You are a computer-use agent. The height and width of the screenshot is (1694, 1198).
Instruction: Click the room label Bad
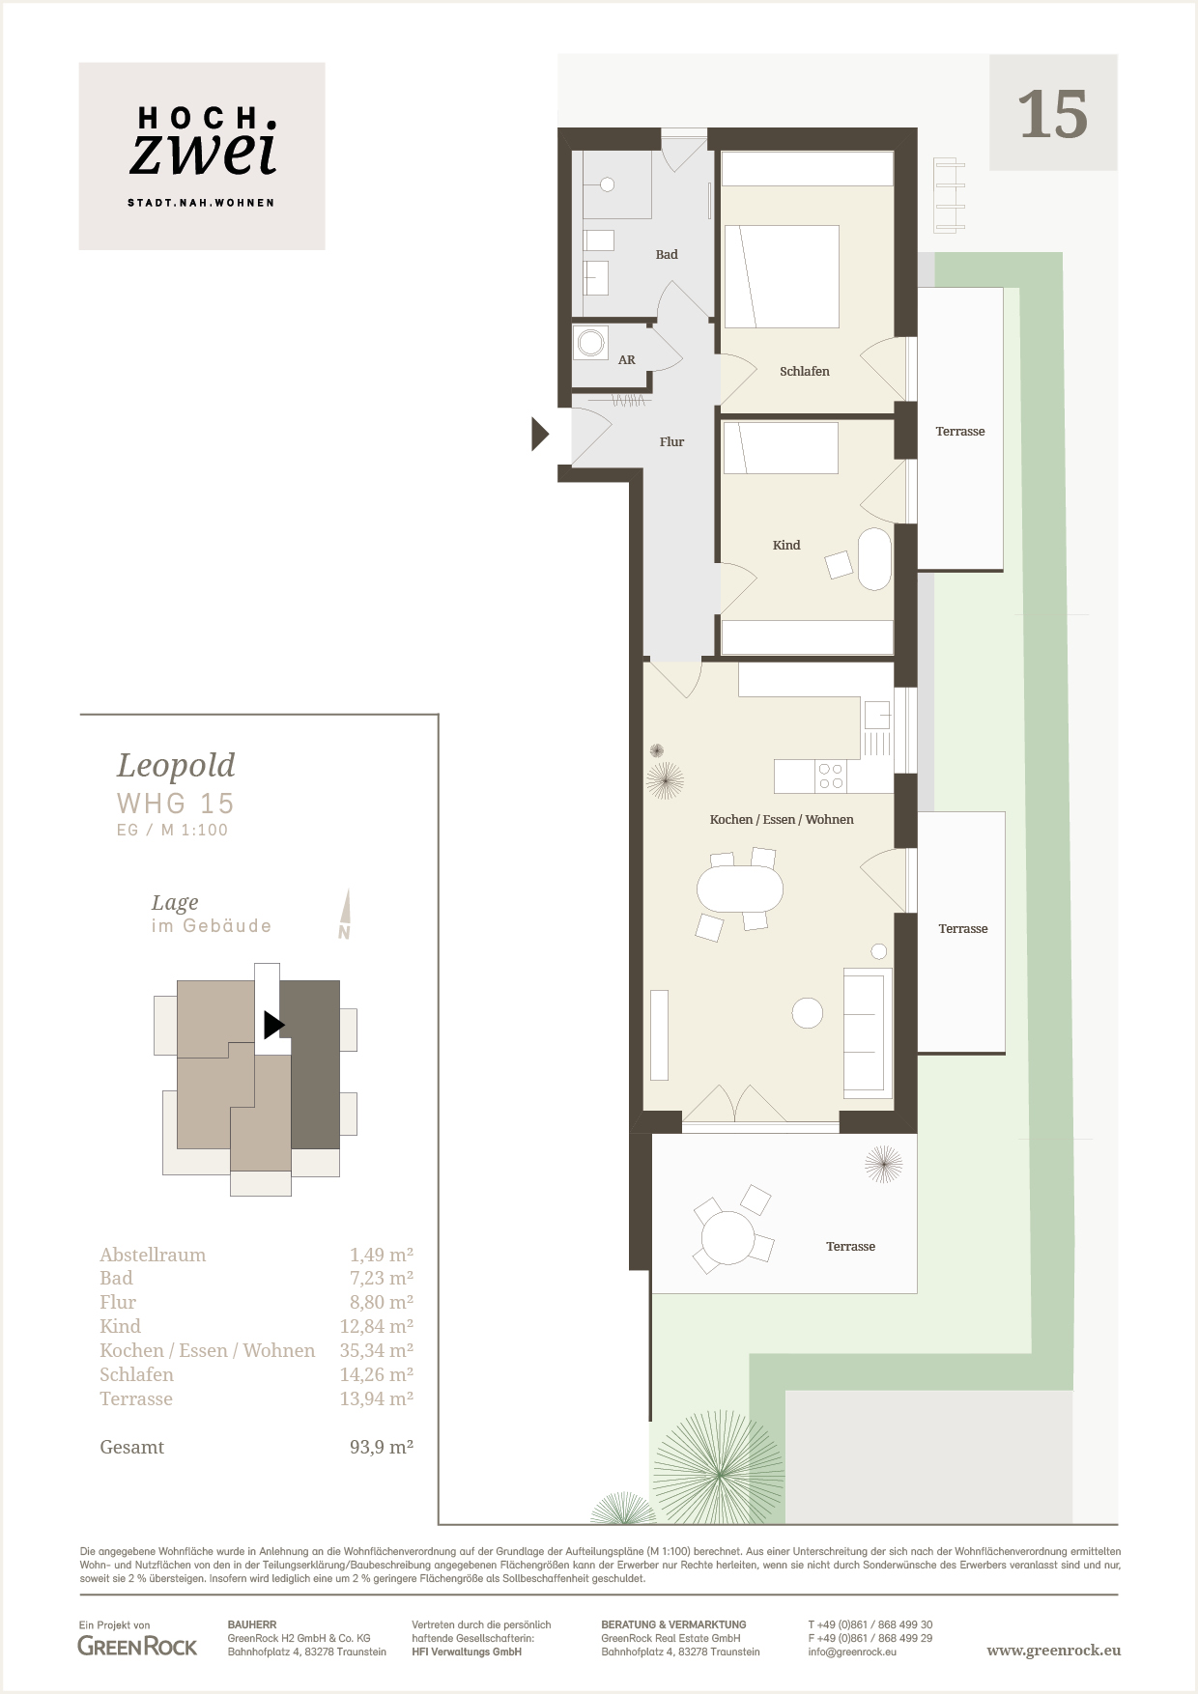pos(667,255)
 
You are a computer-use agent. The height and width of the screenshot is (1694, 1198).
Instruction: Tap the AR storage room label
pos(627,360)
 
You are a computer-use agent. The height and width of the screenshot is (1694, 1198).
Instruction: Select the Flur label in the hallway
pos(671,442)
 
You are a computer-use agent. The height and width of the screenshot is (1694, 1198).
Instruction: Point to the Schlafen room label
pos(805,372)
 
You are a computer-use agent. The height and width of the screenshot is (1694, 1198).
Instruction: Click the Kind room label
pos(786,546)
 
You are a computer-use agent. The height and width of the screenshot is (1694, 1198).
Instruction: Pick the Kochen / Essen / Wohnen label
pos(782,820)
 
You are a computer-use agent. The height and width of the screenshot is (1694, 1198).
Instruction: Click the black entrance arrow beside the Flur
pos(540,435)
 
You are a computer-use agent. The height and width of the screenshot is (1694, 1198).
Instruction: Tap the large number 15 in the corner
pos(1053,115)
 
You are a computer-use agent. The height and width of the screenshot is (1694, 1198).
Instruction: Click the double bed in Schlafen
pos(782,276)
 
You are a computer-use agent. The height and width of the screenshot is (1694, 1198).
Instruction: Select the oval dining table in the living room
pos(740,889)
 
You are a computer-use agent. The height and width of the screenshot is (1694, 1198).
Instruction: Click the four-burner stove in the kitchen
pos(831,776)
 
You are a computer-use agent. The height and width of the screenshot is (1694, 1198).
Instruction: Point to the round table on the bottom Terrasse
pos(727,1238)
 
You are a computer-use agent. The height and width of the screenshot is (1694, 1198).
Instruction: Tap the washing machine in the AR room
pos(591,342)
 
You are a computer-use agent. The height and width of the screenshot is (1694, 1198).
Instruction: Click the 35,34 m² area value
pos(377,1351)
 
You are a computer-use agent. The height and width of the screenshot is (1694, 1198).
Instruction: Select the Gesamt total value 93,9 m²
pos(382,1448)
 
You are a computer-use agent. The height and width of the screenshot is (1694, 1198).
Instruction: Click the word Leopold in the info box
pos(176,766)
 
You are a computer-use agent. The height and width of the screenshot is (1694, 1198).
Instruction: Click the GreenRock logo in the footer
pos(137,1647)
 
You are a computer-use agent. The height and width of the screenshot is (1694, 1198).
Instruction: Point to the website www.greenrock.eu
pos(1054,1651)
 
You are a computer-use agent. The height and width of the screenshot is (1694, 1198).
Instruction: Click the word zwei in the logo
pos(204,153)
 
